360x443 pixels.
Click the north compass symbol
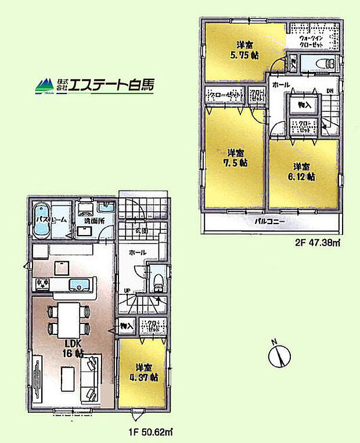click(x=279, y=354)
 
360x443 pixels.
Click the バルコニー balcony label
click(x=267, y=221)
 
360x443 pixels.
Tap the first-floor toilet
click(x=157, y=280)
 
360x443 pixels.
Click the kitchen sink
click(x=80, y=284)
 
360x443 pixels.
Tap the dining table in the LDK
click(x=69, y=319)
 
